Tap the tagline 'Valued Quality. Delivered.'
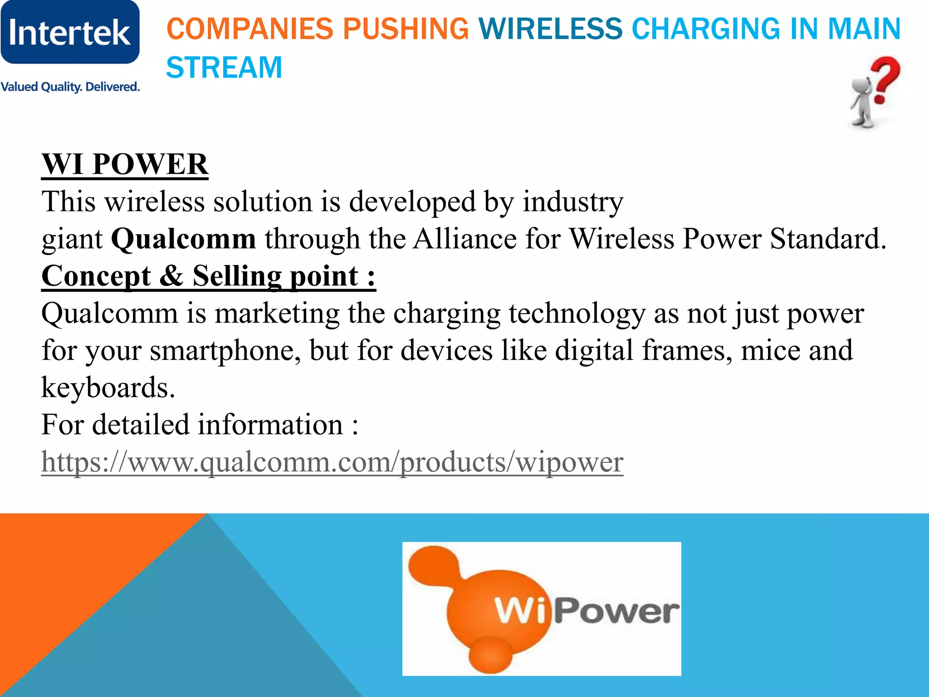coord(70,87)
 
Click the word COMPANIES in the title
coord(249,29)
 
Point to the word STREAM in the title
coord(224,68)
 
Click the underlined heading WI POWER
coord(125,164)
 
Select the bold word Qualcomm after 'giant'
coord(183,239)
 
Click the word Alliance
coord(464,239)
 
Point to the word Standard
coord(828,239)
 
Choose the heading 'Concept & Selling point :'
coord(209,276)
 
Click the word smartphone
coord(225,350)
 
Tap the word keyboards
coord(108,388)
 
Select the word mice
coord(770,350)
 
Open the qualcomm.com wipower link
coord(332,462)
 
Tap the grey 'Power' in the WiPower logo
coord(617,611)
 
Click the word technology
coord(577,313)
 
